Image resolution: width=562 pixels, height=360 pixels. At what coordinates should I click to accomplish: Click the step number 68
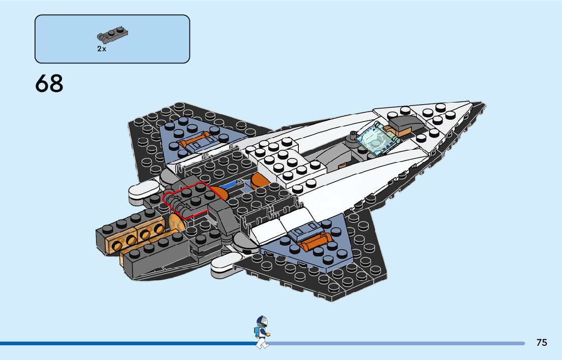click(49, 84)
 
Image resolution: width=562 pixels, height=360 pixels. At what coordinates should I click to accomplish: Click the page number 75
click(542, 343)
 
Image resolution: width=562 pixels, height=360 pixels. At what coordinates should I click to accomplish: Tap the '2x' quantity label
click(102, 49)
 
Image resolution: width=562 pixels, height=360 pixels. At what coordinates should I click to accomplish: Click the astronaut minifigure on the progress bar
click(261, 332)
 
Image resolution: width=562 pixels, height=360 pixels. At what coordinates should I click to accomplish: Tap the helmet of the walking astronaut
click(261, 321)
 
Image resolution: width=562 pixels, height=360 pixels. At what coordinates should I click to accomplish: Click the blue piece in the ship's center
click(232, 183)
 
